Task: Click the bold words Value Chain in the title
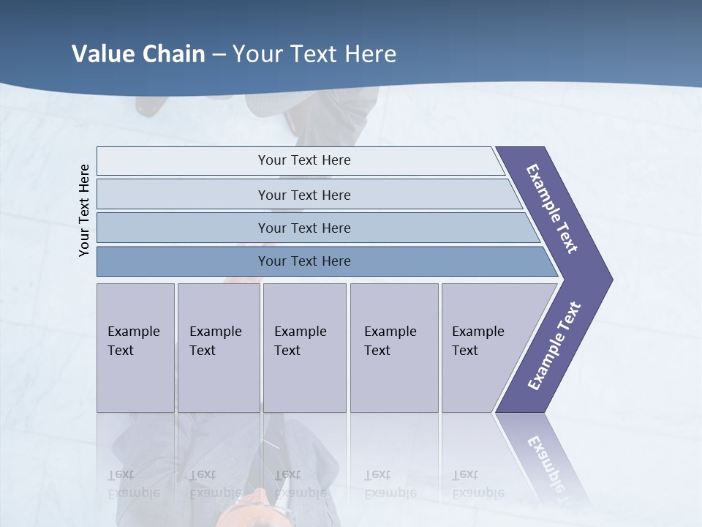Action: point(138,53)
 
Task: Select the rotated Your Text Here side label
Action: point(84,210)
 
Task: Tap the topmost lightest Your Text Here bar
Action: point(303,160)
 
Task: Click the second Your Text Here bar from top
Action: point(303,195)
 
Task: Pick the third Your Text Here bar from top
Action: point(303,228)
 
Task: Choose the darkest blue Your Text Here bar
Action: point(303,261)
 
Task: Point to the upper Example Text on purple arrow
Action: point(552,209)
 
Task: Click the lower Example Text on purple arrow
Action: point(554,345)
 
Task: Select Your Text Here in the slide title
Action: point(314,53)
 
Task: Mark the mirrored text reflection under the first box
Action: point(133,484)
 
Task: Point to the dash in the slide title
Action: point(219,53)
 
